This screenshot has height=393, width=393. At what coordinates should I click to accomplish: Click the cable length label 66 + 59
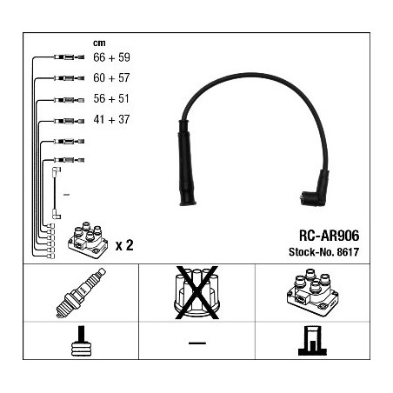[x=111, y=57]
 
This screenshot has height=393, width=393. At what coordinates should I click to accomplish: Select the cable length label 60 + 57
[x=111, y=78]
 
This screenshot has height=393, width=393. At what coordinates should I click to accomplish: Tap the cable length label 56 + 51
[x=111, y=99]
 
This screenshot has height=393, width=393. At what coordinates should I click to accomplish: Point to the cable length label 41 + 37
[x=111, y=119]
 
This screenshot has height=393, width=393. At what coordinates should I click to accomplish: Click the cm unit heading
[x=99, y=43]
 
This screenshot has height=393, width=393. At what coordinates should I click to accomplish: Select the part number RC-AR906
[x=329, y=236]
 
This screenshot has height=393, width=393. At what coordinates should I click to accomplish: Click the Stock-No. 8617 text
[x=323, y=252]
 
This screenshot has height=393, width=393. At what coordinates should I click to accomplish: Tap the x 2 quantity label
[x=124, y=245]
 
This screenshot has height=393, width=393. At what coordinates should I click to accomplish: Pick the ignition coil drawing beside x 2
[x=88, y=240]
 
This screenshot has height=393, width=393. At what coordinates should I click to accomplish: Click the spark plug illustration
[x=81, y=293]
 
